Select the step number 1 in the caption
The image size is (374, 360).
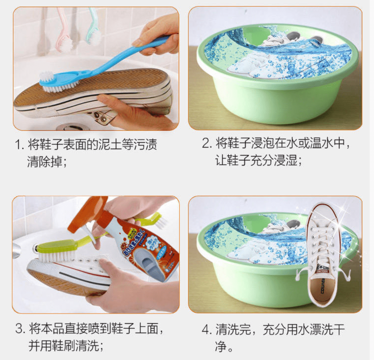pos(18,145)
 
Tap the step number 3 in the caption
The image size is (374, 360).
pos(19,329)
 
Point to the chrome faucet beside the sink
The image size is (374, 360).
pos(16,250)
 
